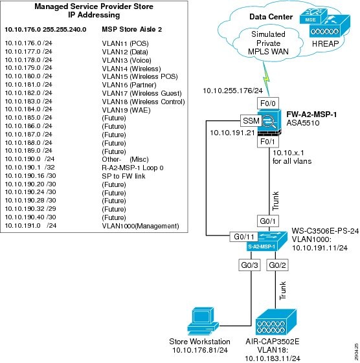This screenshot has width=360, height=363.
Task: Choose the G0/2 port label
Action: pyautogui.click(x=277, y=265)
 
